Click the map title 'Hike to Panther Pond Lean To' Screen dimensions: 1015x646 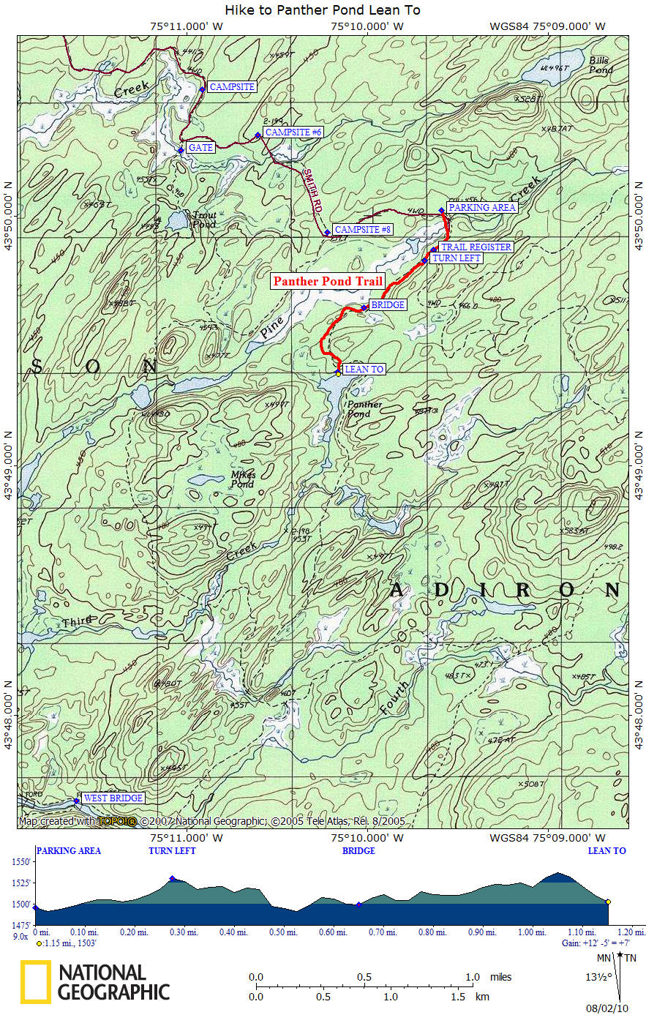(x=323, y=10)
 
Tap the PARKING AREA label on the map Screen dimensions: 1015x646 (x=482, y=207)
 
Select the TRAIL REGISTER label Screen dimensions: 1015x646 (x=476, y=247)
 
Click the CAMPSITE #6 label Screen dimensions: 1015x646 (x=293, y=132)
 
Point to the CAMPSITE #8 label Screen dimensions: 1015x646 (x=363, y=230)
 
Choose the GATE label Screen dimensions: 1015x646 (x=200, y=148)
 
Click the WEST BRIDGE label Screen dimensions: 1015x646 (x=113, y=798)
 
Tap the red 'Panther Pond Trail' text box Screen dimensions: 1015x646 (x=328, y=281)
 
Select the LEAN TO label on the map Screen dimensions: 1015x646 (x=364, y=370)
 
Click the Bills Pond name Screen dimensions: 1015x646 (x=601, y=64)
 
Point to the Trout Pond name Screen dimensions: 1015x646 (x=204, y=220)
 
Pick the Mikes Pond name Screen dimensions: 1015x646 (x=243, y=479)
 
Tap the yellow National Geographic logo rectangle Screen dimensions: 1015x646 (x=35, y=981)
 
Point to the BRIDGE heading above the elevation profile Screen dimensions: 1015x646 (x=358, y=851)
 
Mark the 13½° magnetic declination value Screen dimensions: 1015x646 (x=597, y=976)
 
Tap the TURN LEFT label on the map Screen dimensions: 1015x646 (x=456, y=258)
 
